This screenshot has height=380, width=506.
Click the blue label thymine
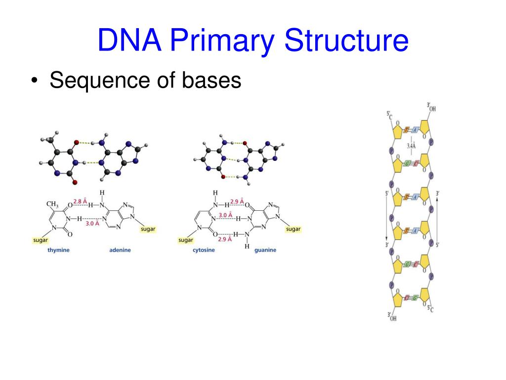coord(58,250)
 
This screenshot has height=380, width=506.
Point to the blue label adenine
coord(120,250)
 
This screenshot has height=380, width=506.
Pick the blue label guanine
coord(265,250)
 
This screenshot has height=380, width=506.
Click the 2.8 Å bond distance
coord(81,201)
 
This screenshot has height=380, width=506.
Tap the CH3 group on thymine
coord(52,203)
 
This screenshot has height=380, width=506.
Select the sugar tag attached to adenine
coord(148,229)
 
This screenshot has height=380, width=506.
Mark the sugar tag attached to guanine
coord(293,229)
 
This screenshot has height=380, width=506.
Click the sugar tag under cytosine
coord(185,240)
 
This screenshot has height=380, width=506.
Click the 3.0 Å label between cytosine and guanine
coord(225,214)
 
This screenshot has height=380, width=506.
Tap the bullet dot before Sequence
coord(34,81)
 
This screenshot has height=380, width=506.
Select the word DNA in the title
coord(129,41)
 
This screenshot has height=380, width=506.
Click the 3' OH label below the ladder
coord(392,317)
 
